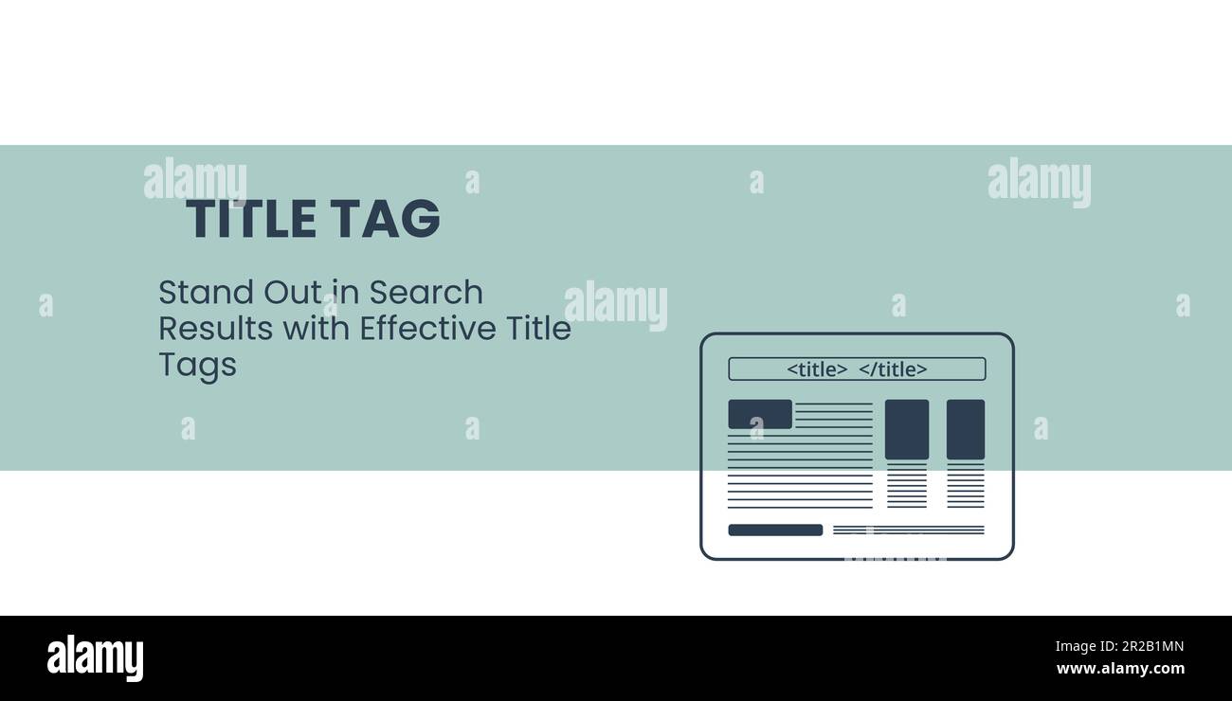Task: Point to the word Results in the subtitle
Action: click(x=205, y=329)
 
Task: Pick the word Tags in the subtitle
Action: click(x=197, y=366)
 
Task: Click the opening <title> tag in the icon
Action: click(x=817, y=369)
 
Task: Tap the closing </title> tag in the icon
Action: click(x=893, y=369)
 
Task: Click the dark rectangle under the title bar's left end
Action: click(x=760, y=414)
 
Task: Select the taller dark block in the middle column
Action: click(x=907, y=429)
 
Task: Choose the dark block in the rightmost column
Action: click(x=966, y=429)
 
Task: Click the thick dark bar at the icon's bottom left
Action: click(x=775, y=530)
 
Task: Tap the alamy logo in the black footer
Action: click(x=95, y=658)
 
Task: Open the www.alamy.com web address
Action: click(x=1119, y=669)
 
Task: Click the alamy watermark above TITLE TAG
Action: click(x=195, y=180)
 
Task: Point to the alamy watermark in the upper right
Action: click(x=1039, y=182)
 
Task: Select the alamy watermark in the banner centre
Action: click(x=616, y=305)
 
